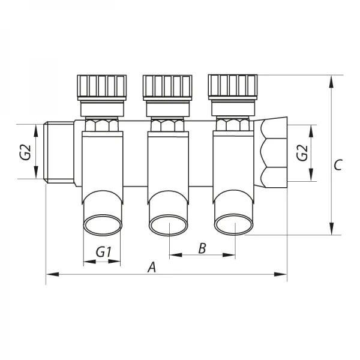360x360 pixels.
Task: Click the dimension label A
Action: tap(152, 266)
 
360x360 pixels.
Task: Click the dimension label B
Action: tap(202, 248)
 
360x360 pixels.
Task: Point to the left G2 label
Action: tap(25, 152)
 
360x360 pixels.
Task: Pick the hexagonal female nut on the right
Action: tap(274, 152)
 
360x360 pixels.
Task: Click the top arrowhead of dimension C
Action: tap(331, 79)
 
